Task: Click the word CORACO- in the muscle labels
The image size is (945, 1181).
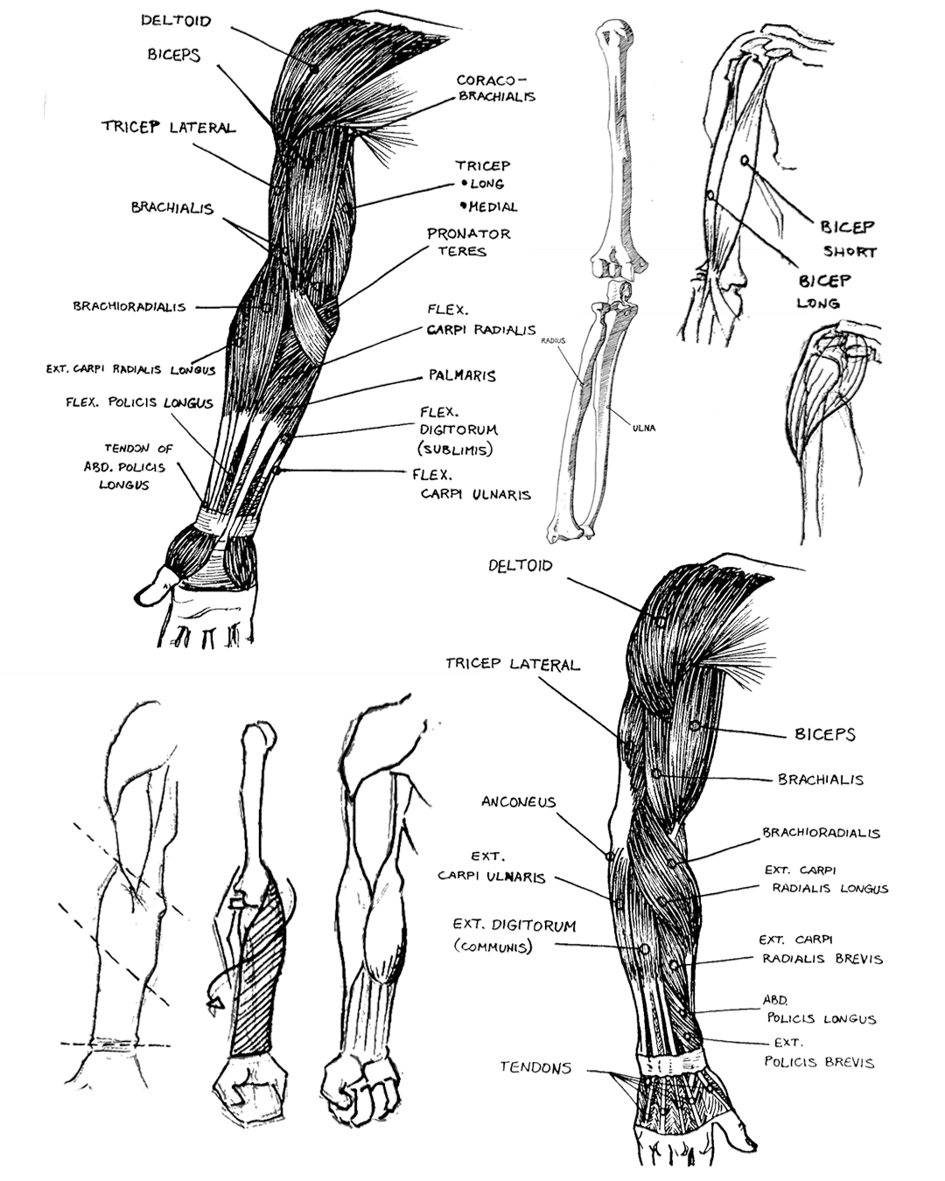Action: pyautogui.click(x=487, y=80)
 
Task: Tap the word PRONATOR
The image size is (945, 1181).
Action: pyautogui.click(x=469, y=234)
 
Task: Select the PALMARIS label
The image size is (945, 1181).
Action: pyautogui.click(x=462, y=376)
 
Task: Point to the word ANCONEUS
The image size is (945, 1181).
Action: pyautogui.click(x=518, y=802)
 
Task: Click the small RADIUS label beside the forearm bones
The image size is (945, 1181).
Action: pyautogui.click(x=553, y=341)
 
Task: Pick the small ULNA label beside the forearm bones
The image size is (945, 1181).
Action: pyautogui.click(x=644, y=428)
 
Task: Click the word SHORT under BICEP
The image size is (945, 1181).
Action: pyautogui.click(x=850, y=252)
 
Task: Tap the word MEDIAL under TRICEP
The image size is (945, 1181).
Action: pyautogui.click(x=493, y=207)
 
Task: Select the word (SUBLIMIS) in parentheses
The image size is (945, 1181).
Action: pyautogui.click(x=455, y=450)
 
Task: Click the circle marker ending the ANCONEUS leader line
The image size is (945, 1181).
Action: pyautogui.click(x=610, y=856)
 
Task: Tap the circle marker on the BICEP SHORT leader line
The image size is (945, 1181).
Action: pyautogui.click(x=745, y=160)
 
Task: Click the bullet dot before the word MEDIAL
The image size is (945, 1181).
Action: pyautogui.click(x=464, y=206)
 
